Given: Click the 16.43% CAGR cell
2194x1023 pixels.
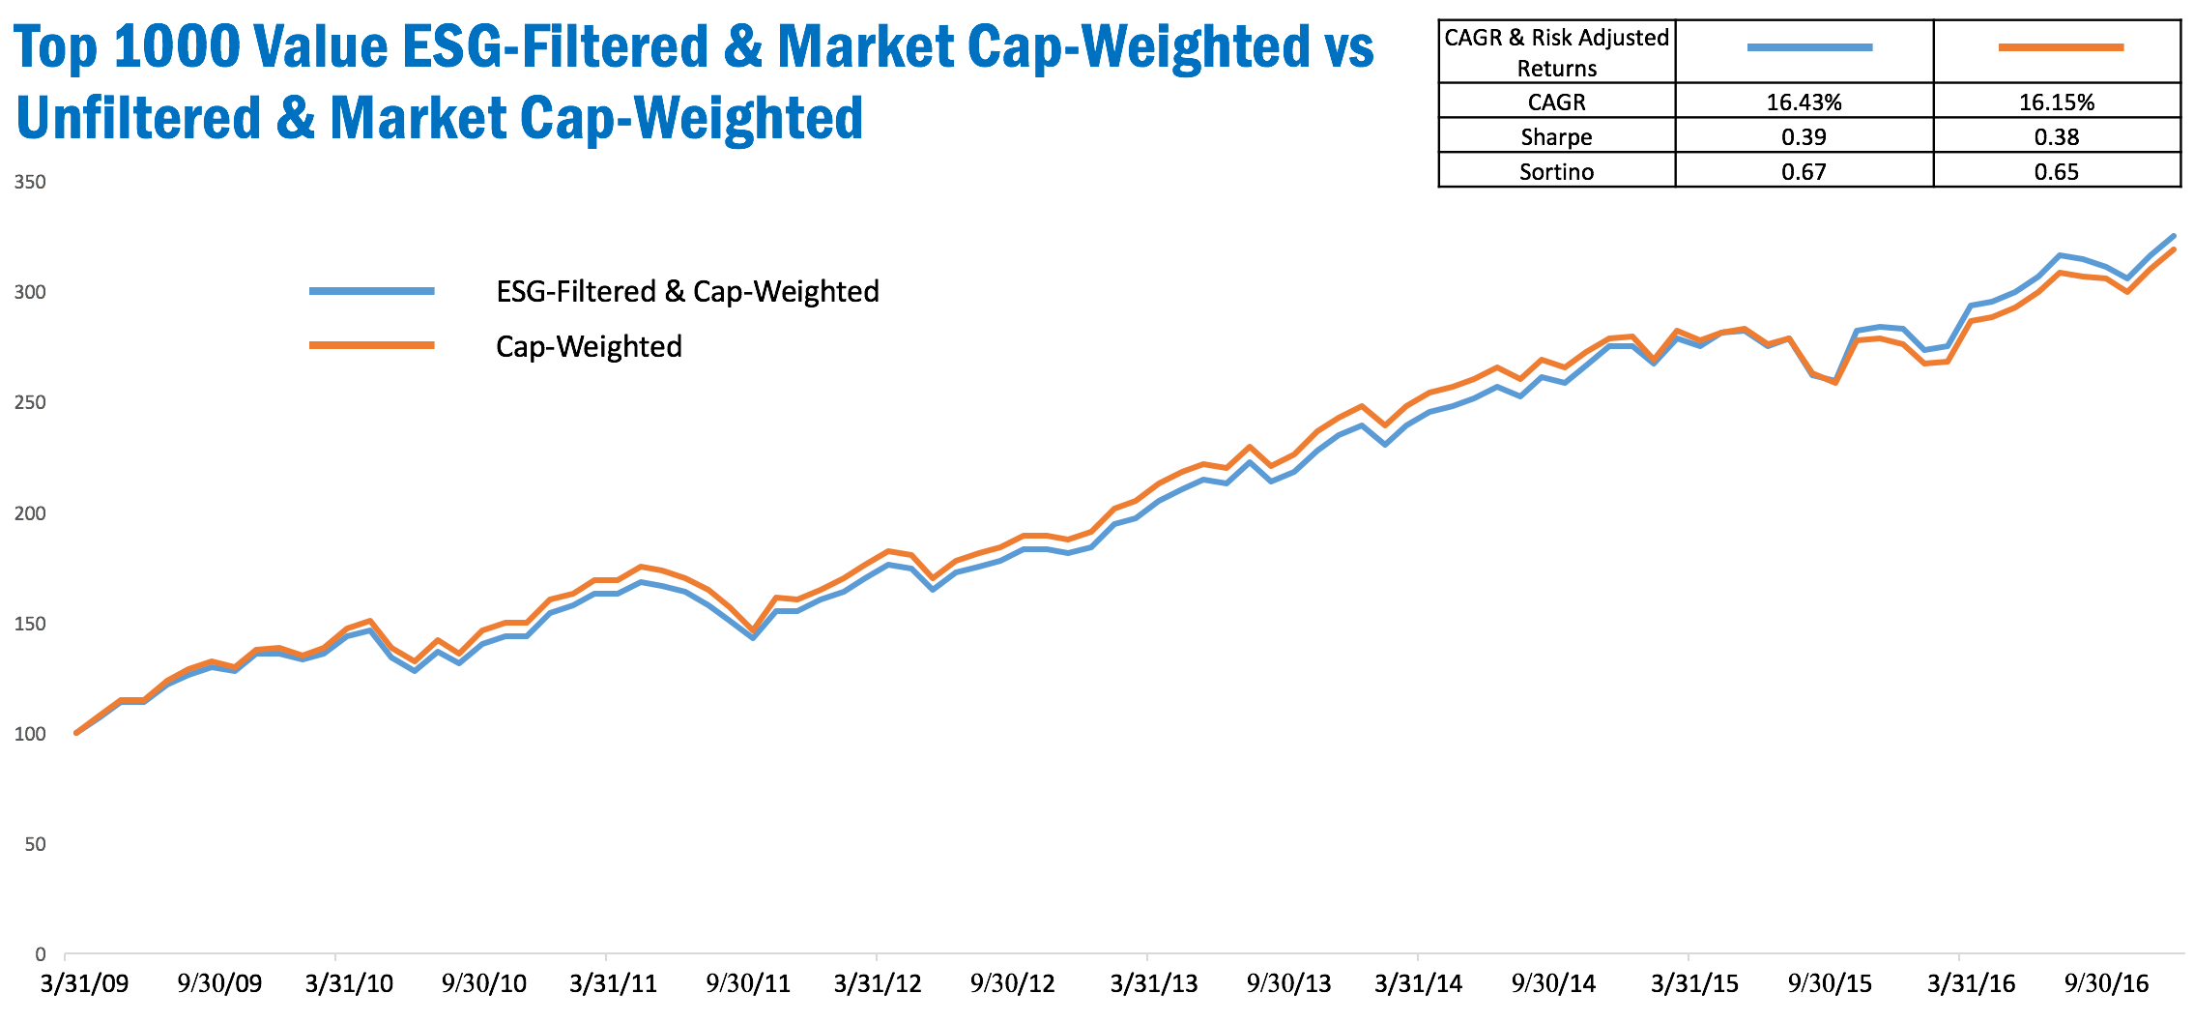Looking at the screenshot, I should click(1804, 102).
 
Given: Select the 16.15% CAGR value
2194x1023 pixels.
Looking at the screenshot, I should click(2056, 102).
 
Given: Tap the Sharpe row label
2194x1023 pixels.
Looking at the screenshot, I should click(1556, 136).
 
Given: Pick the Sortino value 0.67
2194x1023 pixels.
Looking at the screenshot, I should click(1804, 171).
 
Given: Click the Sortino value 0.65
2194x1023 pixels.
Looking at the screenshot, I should click(2056, 171).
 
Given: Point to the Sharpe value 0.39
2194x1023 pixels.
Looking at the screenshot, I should click(1804, 136).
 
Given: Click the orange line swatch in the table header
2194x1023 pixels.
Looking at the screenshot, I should click(2060, 47).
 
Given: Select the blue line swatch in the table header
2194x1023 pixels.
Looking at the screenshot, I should click(1809, 47).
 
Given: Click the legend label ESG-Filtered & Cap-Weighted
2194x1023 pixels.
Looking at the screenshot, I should click(687, 291).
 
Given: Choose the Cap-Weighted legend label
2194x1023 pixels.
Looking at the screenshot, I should click(589, 346).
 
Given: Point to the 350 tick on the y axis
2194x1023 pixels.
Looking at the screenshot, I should click(30, 182).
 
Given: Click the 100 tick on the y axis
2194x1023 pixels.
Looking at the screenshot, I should click(30, 734).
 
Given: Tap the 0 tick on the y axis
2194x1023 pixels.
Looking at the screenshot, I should click(40, 954).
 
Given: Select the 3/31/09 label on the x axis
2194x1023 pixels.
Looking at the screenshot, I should click(84, 983).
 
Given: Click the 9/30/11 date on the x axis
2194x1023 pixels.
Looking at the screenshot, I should click(748, 983).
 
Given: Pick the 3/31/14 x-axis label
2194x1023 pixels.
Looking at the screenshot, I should click(1418, 983).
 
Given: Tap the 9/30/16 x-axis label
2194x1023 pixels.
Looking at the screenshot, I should click(2106, 983).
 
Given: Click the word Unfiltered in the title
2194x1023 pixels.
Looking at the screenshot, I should click(138, 118).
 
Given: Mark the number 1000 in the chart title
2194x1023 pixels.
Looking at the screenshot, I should click(175, 46).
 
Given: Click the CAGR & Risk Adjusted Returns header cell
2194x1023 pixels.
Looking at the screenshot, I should click(1556, 52).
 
